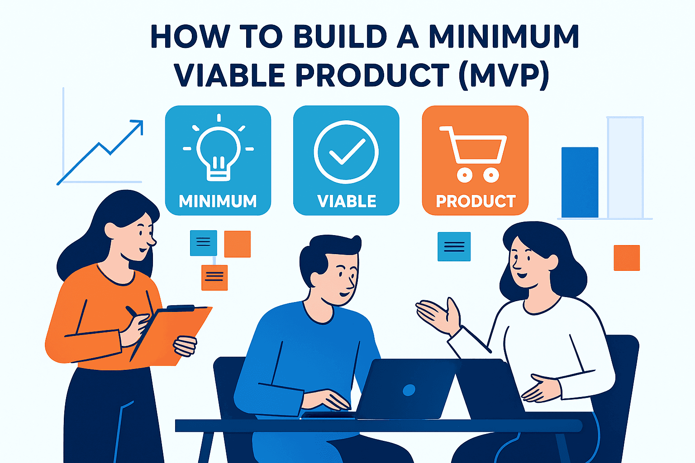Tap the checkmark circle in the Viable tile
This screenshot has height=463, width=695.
(346, 152)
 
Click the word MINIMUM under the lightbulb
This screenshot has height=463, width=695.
(218, 201)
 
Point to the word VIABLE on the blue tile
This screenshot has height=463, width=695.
(347, 201)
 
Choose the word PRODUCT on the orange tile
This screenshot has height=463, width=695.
(476, 201)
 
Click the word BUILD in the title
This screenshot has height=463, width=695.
(340, 36)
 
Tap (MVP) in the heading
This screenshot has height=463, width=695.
(505, 76)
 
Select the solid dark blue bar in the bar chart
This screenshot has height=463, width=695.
(580, 182)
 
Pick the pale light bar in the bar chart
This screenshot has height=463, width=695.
(625, 167)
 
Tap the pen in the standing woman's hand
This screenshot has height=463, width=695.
(132, 312)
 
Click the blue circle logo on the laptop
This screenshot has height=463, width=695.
(409, 390)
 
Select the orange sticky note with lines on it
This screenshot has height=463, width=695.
(214, 278)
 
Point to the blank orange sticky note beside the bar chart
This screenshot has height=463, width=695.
(627, 258)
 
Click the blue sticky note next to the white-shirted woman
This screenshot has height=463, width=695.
(454, 246)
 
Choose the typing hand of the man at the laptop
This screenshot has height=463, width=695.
(326, 400)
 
